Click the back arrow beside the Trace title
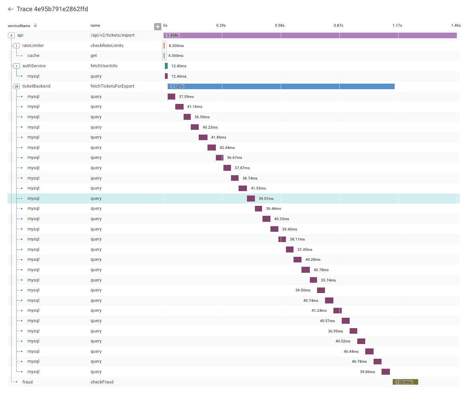coord(11,9)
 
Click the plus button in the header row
coord(158,27)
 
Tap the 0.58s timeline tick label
coord(279,25)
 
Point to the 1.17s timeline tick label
coord(397,25)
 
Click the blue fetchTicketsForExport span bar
coord(281,86)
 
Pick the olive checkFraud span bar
coord(405,382)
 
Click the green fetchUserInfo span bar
coord(166,66)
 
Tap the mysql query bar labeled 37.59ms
coord(171,96)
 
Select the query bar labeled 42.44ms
coord(211,147)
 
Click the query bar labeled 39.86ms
coord(386,372)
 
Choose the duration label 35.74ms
coord(328,280)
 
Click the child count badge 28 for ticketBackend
coord(16,86)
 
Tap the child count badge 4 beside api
coord(11,35)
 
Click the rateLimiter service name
coord(33,45)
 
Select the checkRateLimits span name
coord(107,45)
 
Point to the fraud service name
coord(27,382)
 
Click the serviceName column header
coord(19,25)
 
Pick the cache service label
coord(33,56)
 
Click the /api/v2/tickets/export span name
coord(112,35)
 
